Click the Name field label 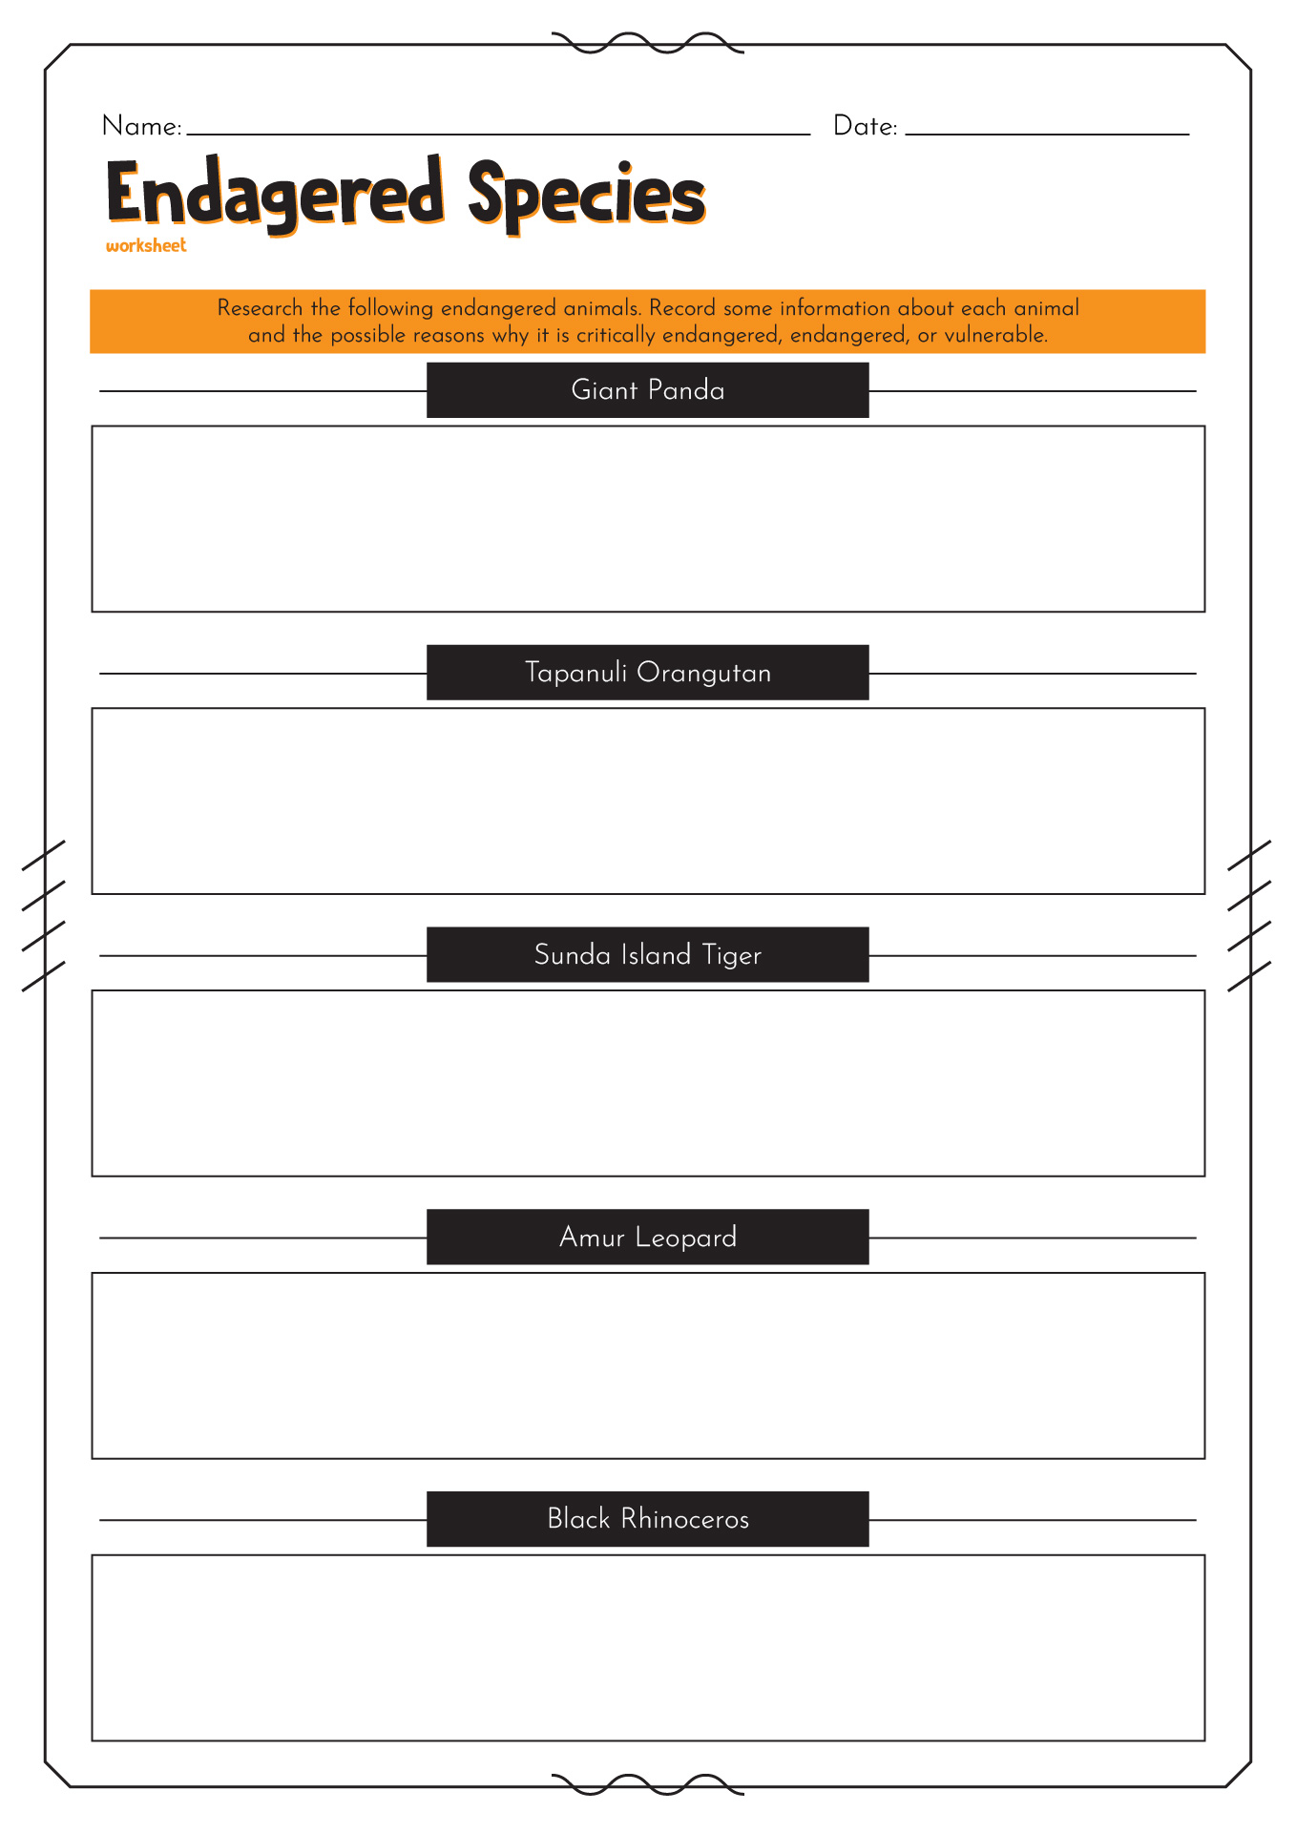coord(141,126)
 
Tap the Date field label coord(866,126)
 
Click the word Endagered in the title coord(276,195)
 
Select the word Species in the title coord(586,195)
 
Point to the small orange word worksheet coord(146,245)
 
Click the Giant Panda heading coord(648,390)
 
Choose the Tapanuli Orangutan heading coord(648,673)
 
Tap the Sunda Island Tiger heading coord(648,955)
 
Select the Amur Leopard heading coord(648,1238)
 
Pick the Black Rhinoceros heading coord(648,1519)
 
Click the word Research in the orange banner coord(260,308)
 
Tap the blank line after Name coord(498,135)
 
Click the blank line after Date coord(1047,135)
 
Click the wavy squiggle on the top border coord(648,43)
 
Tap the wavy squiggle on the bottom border coord(648,1785)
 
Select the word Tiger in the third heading coord(732,956)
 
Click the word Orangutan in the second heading coord(704,674)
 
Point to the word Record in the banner coord(682,308)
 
